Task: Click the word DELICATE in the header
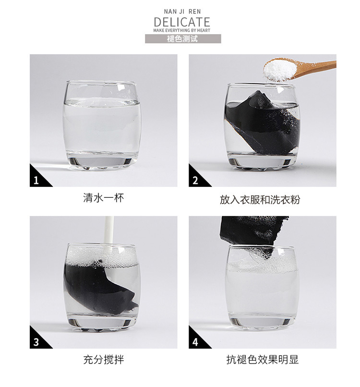(x=182, y=22)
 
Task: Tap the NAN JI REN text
(x=182, y=12)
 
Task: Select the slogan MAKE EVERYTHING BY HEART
(x=182, y=30)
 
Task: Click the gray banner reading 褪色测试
(x=183, y=39)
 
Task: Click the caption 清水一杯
(x=103, y=198)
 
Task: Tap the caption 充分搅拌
(x=103, y=360)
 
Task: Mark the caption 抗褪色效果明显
(x=262, y=360)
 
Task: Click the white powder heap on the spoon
(x=279, y=69)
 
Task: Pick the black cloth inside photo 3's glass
(x=96, y=289)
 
